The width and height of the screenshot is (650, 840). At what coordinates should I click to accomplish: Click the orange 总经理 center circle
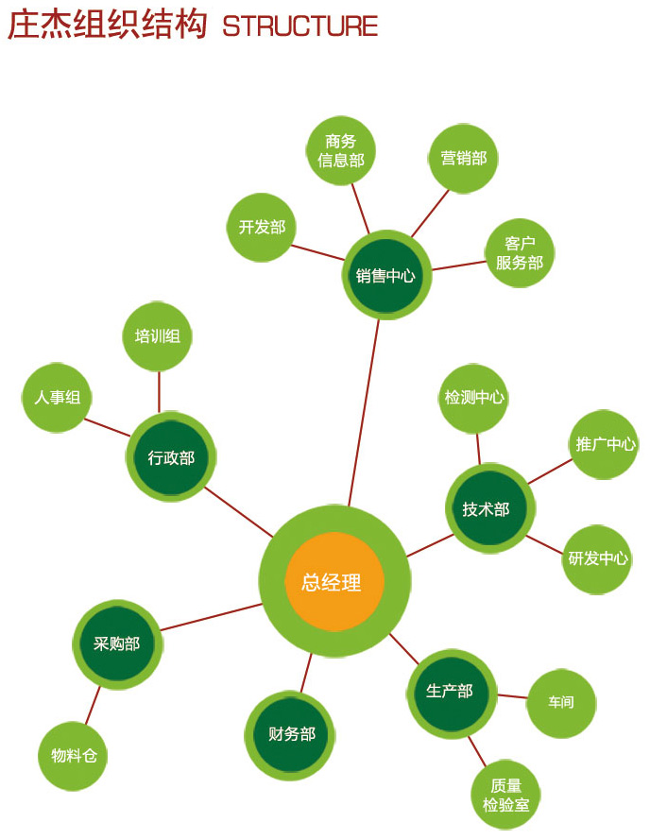(x=334, y=581)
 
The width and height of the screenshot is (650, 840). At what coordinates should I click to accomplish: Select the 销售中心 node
(x=385, y=275)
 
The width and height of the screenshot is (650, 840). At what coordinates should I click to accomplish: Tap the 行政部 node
(x=171, y=457)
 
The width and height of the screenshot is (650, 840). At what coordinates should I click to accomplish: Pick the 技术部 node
(x=488, y=508)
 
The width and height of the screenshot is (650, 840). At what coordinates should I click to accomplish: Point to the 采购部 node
(x=117, y=644)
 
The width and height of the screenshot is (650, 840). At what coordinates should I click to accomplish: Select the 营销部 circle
(x=463, y=158)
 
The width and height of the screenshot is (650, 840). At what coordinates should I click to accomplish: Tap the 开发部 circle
(x=262, y=227)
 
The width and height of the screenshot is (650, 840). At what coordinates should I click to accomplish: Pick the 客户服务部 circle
(x=520, y=253)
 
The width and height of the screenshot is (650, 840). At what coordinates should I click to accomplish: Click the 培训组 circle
(x=158, y=336)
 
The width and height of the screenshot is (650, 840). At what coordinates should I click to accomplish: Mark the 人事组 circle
(x=57, y=398)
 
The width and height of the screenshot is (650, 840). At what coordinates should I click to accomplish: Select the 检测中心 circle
(x=474, y=398)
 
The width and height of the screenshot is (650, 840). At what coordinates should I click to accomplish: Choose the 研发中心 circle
(x=597, y=558)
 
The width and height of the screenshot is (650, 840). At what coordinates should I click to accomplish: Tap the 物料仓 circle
(x=74, y=756)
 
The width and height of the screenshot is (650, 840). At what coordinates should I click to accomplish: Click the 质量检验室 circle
(x=505, y=796)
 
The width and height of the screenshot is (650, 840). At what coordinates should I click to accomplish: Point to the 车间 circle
(x=560, y=703)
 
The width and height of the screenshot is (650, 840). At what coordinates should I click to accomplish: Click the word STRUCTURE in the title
(x=300, y=26)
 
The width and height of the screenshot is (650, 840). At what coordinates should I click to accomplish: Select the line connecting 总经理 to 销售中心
(x=365, y=406)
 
